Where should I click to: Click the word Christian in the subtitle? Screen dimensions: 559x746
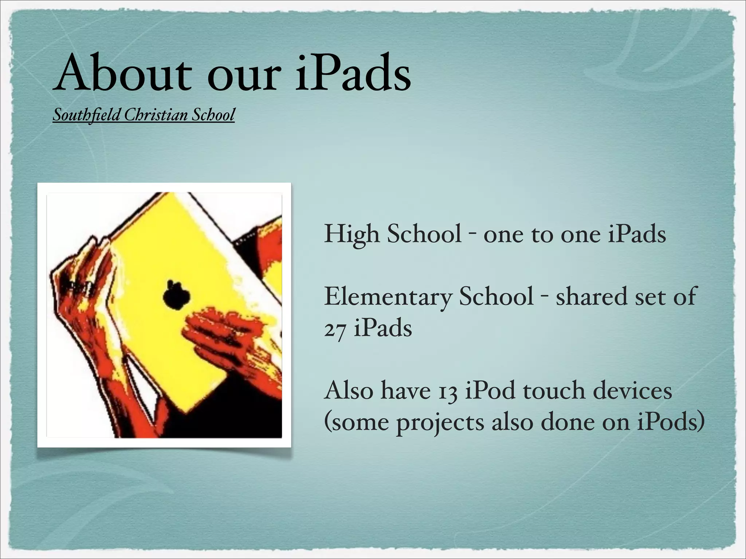coord(156,115)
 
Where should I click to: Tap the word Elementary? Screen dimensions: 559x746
coord(388,297)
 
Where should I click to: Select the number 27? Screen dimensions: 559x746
coord(335,329)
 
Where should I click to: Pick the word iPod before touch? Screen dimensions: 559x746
coord(490,390)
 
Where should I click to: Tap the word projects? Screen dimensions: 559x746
coord(440,423)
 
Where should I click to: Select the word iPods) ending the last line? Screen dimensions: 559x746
coord(671,423)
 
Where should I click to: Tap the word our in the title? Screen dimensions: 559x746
coord(244,74)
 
